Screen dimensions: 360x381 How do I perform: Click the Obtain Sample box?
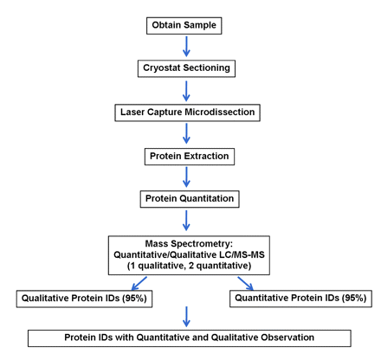point(186,24)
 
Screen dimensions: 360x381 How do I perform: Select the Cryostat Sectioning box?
point(186,67)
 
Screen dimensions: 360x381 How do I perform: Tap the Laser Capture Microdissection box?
point(186,112)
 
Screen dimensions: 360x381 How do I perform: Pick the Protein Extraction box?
point(186,156)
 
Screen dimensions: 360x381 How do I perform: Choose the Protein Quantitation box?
point(188,199)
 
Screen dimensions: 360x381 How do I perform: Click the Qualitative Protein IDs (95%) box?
point(84,299)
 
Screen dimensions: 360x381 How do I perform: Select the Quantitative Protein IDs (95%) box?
point(298,299)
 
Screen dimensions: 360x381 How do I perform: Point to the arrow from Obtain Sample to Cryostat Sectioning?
point(186,46)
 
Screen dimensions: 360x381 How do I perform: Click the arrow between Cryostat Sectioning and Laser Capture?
point(186,90)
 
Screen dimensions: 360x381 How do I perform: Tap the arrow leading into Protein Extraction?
point(186,134)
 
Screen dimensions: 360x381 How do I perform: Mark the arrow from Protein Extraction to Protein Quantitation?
point(186,177)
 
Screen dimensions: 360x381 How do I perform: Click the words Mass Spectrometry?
point(188,242)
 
